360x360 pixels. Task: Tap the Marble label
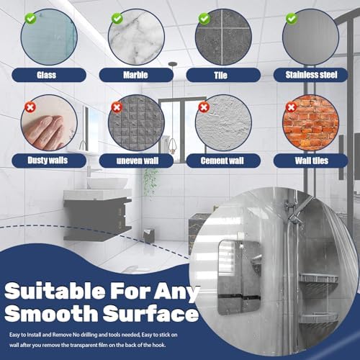(136, 75)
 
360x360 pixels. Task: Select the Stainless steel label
(311, 75)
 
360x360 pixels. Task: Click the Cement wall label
(223, 161)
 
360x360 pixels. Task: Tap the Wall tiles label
(311, 161)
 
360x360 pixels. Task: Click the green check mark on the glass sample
(31, 18)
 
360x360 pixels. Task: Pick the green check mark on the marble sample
(117, 18)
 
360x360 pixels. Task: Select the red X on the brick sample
(291, 107)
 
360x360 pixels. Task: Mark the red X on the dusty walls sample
(30, 107)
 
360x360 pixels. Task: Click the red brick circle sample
(311, 122)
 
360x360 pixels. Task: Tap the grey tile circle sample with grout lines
(223, 37)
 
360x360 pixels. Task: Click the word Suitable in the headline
(55, 291)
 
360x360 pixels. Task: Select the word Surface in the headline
(151, 313)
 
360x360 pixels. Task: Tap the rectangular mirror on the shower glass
(239, 277)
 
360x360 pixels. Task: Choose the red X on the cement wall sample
(204, 107)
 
